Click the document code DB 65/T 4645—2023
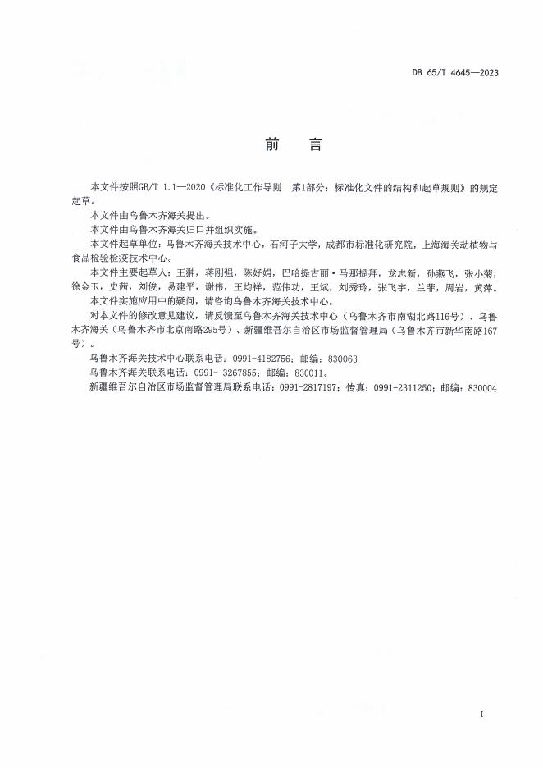click(454, 72)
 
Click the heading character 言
click(313, 144)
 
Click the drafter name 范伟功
click(281, 288)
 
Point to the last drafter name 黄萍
click(482, 288)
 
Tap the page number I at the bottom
click(482, 715)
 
